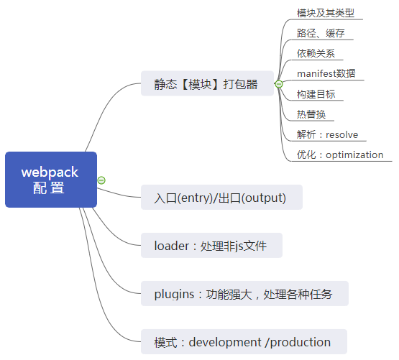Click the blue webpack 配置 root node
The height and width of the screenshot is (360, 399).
[x=51, y=180]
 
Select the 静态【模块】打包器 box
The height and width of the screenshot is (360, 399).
[x=207, y=83]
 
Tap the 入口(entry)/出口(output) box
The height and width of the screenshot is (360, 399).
[x=221, y=198]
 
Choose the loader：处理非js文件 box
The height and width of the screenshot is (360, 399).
[x=211, y=246]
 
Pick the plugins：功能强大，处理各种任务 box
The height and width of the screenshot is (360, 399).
[x=244, y=294]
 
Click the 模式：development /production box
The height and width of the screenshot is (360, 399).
[x=244, y=342]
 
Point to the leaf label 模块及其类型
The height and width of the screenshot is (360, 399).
[x=326, y=13]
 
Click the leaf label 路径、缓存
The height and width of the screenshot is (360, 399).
[x=321, y=33]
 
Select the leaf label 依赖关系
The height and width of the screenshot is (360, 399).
[x=316, y=53]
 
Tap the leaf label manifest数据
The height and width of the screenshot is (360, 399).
[x=326, y=73]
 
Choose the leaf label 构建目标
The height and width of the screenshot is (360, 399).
[x=316, y=94]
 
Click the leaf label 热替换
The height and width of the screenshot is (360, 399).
[x=311, y=114]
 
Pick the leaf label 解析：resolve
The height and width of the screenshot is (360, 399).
[x=327, y=134]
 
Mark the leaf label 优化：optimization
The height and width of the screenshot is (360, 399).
[x=340, y=154]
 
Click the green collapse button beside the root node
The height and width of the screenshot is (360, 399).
[x=101, y=180]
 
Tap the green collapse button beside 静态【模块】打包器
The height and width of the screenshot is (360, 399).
[x=279, y=84]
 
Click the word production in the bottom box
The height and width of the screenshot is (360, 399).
[x=301, y=343]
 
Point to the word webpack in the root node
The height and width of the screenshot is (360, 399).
[x=50, y=172]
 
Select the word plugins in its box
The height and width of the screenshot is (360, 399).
[x=174, y=295]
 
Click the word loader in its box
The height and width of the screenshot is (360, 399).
[x=172, y=246]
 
